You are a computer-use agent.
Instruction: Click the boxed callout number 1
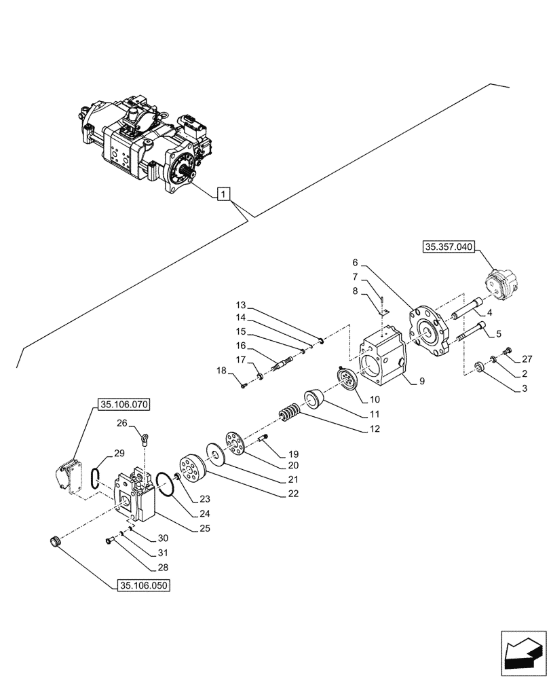[x=225, y=195]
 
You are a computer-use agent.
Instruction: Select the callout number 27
[x=527, y=359]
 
